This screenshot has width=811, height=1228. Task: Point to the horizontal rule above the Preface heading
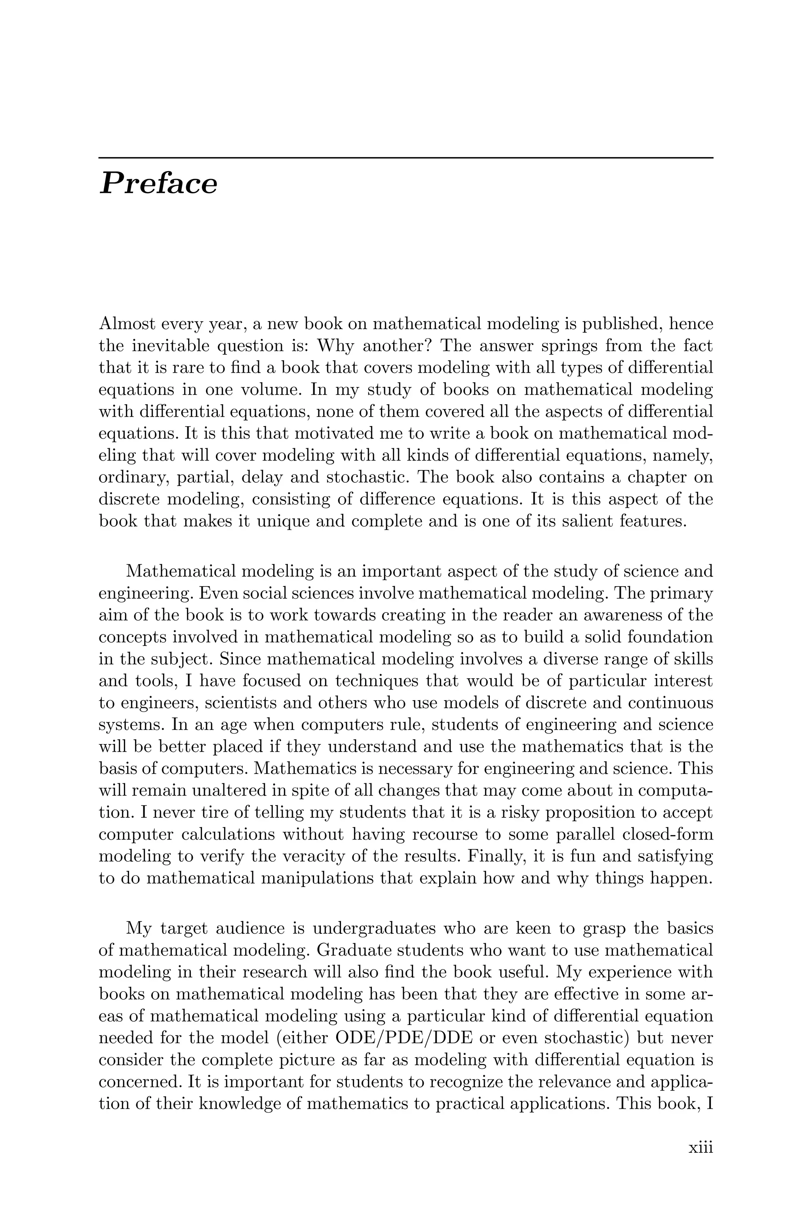point(405,157)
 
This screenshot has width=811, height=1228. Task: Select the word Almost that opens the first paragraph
point(126,324)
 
